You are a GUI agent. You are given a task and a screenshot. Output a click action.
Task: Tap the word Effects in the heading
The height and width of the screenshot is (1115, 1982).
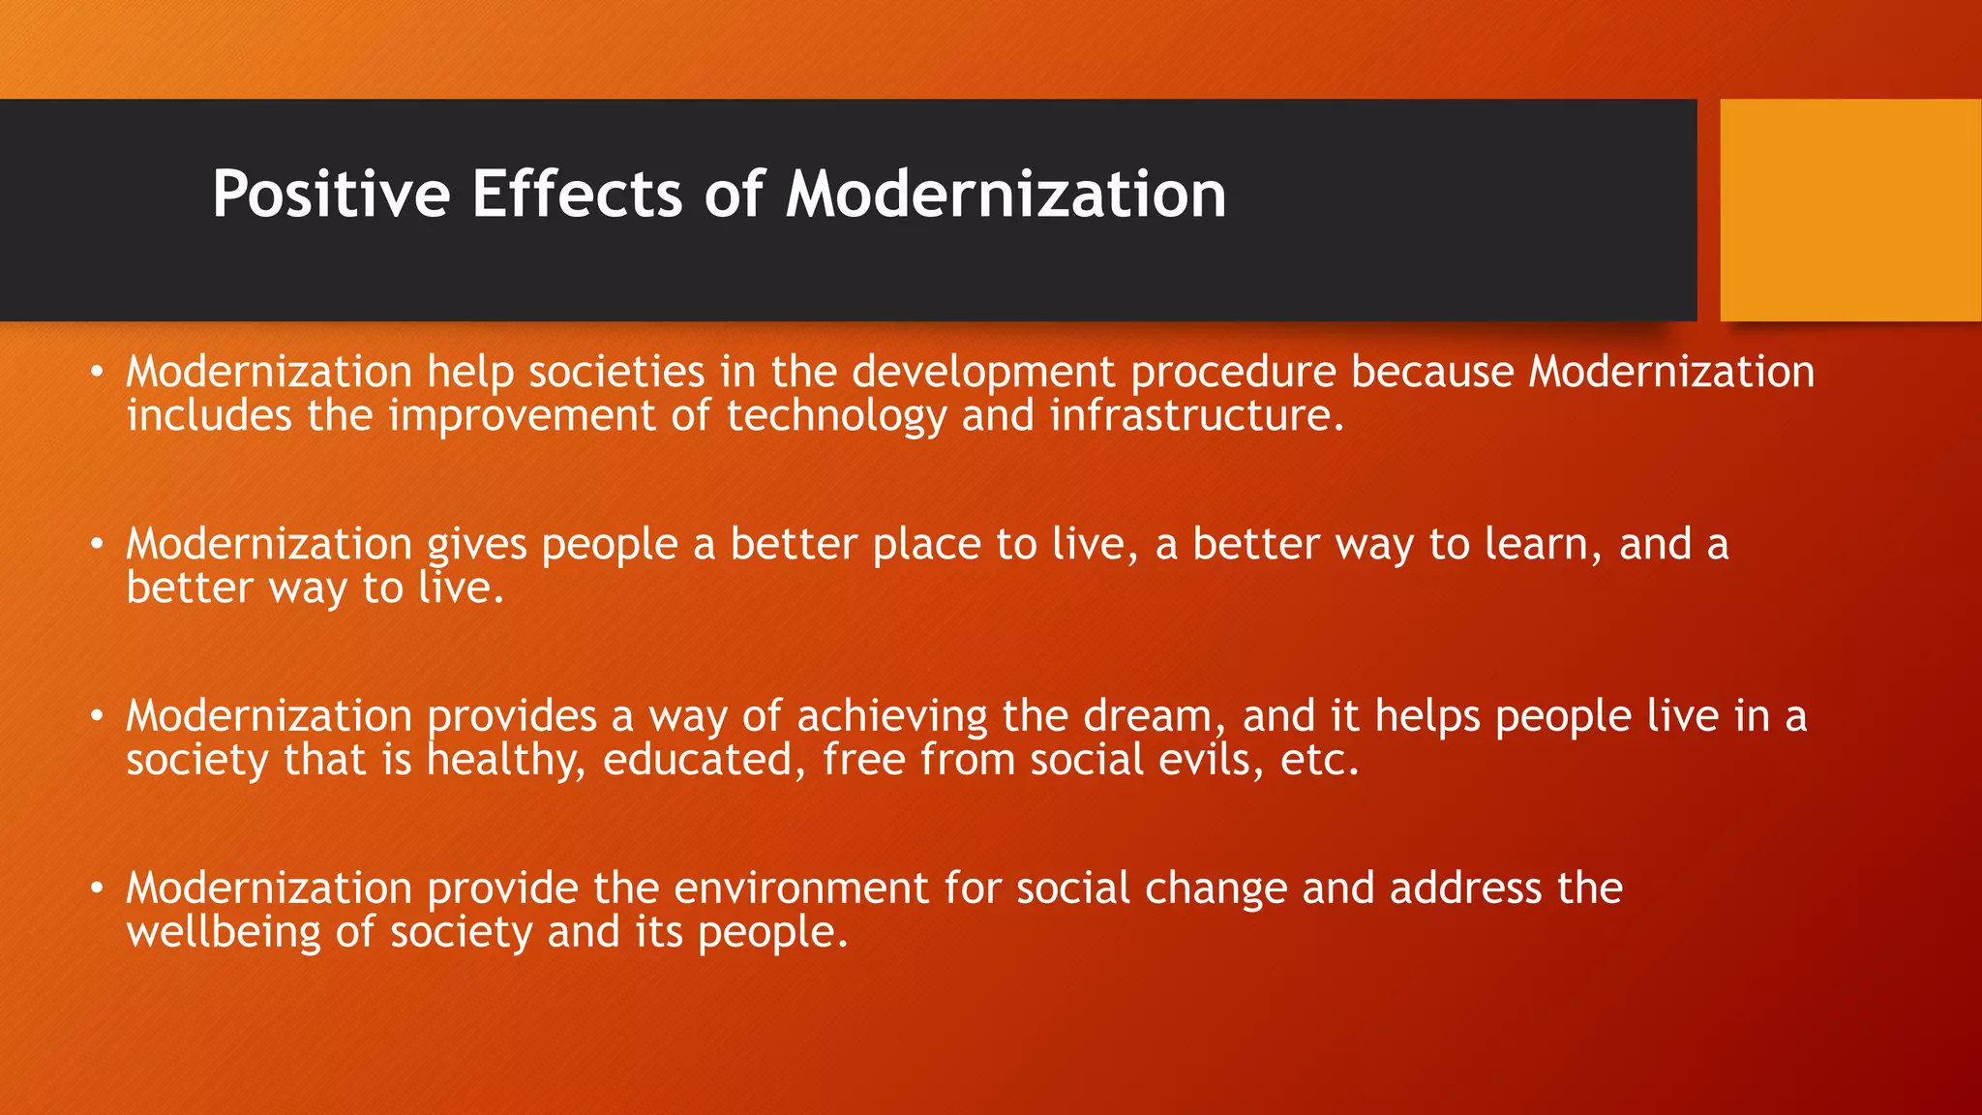coord(577,195)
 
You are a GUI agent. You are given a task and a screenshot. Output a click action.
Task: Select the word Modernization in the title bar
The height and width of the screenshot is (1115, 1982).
coord(1006,195)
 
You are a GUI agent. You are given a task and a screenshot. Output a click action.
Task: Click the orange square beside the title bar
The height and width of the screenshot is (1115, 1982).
coord(1849,210)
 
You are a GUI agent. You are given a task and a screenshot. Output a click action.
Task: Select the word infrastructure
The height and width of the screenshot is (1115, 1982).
coord(1196,416)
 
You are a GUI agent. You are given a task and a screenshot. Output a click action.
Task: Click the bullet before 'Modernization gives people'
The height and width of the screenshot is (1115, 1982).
coord(96,545)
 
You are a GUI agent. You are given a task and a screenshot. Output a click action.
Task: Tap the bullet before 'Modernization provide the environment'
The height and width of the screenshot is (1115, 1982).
coord(96,889)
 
